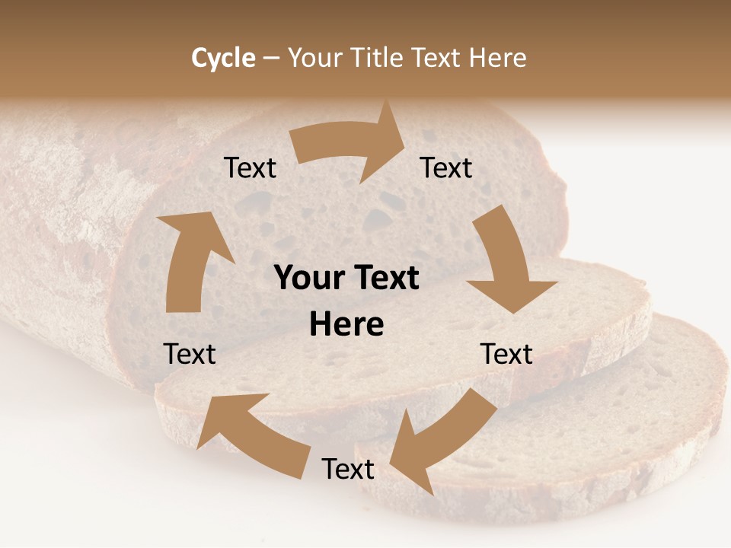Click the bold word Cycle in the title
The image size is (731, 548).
(223, 58)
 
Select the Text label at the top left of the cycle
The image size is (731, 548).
(251, 168)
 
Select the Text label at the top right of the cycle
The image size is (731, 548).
(446, 167)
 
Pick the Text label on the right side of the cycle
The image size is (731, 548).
(506, 354)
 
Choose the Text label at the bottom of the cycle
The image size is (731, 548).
(348, 469)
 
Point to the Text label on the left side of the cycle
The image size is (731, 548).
(190, 354)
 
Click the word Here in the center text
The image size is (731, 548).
(346, 325)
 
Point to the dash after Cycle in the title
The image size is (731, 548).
(272, 58)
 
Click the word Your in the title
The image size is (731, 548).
(312, 58)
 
